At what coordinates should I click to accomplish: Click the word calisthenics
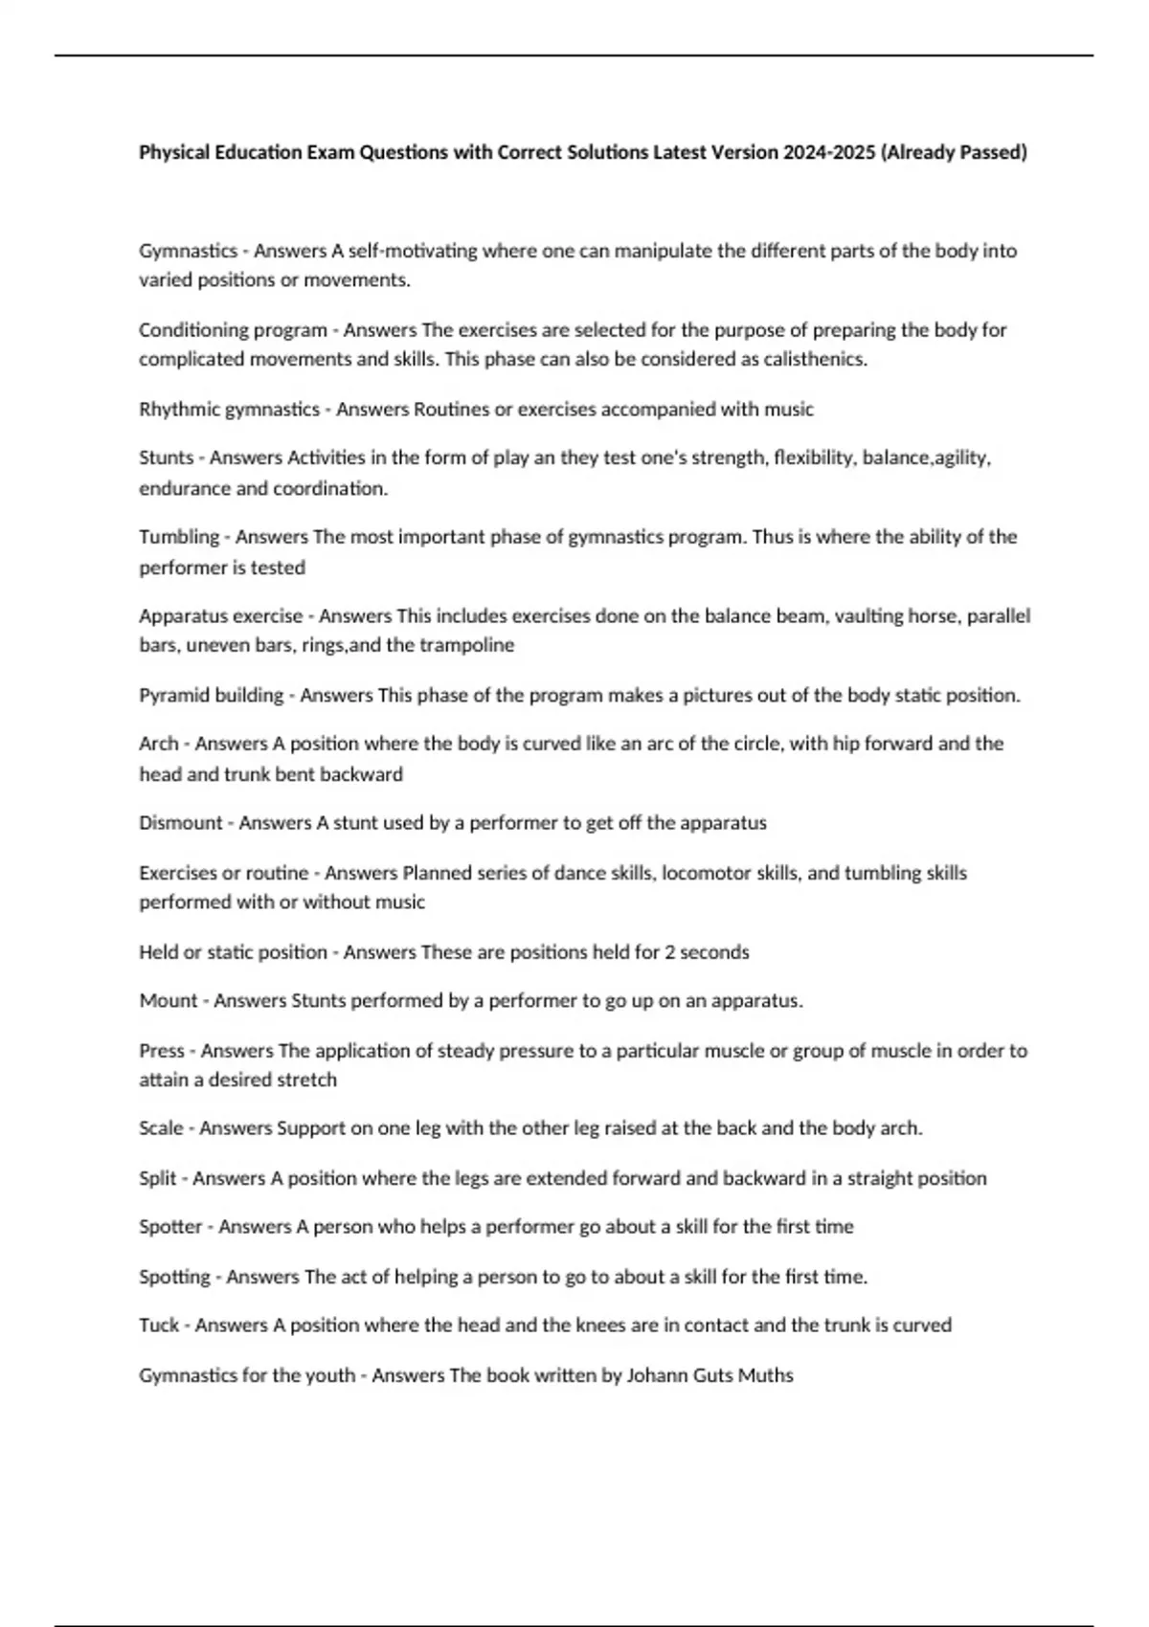tap(816, 360)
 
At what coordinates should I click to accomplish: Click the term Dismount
tap(181, 823)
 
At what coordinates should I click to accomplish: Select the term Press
tap(162, 1051)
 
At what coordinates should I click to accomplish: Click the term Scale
tap(161, 1128)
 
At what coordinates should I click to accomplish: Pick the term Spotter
tap(170, 1227)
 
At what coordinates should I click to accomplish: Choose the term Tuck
tap(159, 1326)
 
